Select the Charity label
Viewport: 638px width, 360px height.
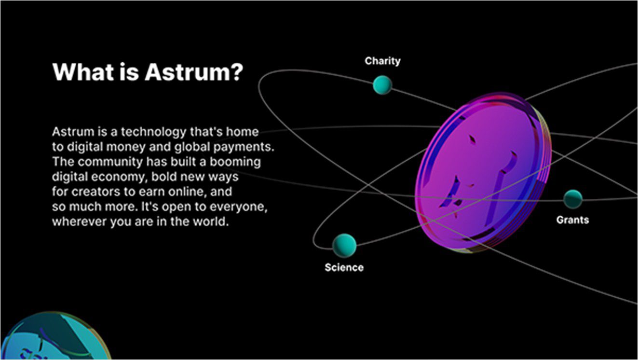[382, 61]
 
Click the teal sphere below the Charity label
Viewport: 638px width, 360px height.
[382, 85]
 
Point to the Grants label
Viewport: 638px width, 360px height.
[572, 220]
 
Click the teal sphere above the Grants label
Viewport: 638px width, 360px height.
[573, 199]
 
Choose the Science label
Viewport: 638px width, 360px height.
[344, 267]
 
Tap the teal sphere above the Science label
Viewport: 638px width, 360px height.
[344, 246]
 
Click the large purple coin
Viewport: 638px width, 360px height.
[483, 172]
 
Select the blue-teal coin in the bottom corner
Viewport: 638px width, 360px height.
[55, 336]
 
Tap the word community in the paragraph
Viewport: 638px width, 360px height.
[110, 162]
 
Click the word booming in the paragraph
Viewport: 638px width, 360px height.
[235, 162]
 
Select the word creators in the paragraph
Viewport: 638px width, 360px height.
[95, 192]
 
